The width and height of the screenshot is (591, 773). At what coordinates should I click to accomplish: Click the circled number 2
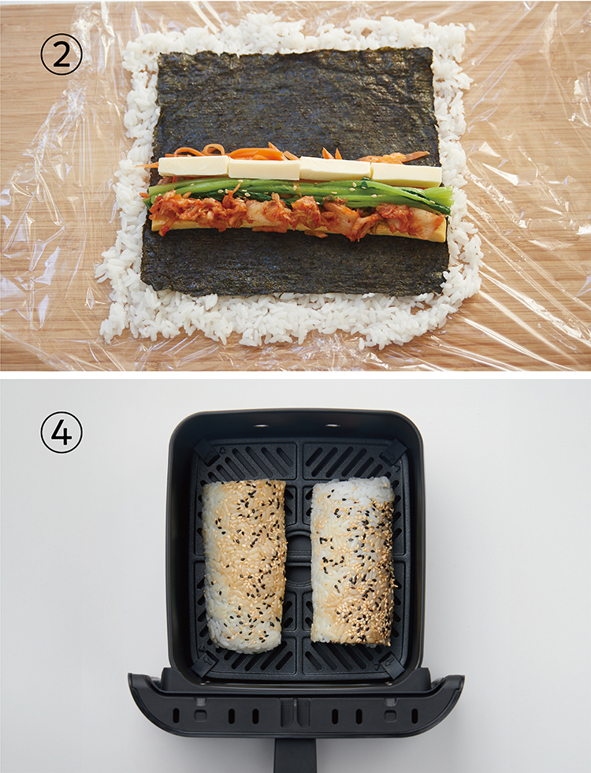[61, 55]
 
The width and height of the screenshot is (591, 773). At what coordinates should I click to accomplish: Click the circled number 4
[61, 433]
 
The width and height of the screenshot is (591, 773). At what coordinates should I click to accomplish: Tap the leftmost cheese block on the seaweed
[193, 166]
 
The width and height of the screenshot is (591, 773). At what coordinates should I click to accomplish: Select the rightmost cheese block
[406, 174]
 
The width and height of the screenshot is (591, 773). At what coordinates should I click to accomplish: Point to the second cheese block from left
[264, 169]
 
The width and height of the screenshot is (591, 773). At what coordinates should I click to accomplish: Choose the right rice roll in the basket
[353, 560]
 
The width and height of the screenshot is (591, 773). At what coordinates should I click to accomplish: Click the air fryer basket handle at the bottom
[295, 754]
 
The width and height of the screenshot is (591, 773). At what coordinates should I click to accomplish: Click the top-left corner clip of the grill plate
[206, 452]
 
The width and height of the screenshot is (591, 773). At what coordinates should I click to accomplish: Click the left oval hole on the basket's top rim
[262, 425]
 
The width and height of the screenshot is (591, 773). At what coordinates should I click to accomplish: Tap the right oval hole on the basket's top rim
[333, 425]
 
